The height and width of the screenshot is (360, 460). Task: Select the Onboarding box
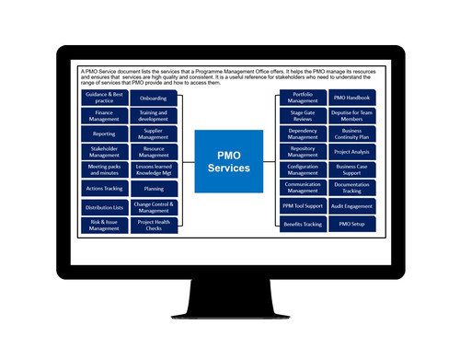click(x=155, y=99)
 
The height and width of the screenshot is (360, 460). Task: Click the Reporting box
click(x=104, y=134)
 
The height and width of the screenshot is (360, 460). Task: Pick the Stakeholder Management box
click(x=104, y=151)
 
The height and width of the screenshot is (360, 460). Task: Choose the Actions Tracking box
click(x=104, y=189)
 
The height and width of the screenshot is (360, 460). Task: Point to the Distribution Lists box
click(x=104, y=207)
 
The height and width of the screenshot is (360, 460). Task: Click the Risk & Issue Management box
click(x=104, y=225)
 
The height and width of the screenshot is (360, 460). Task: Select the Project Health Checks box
click(x=155, y=225)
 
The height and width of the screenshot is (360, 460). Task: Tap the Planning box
click(x=155, y=189)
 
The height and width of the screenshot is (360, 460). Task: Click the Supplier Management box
click(x=155, y=134)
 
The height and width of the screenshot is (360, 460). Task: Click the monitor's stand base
click(x=230, y=313)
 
